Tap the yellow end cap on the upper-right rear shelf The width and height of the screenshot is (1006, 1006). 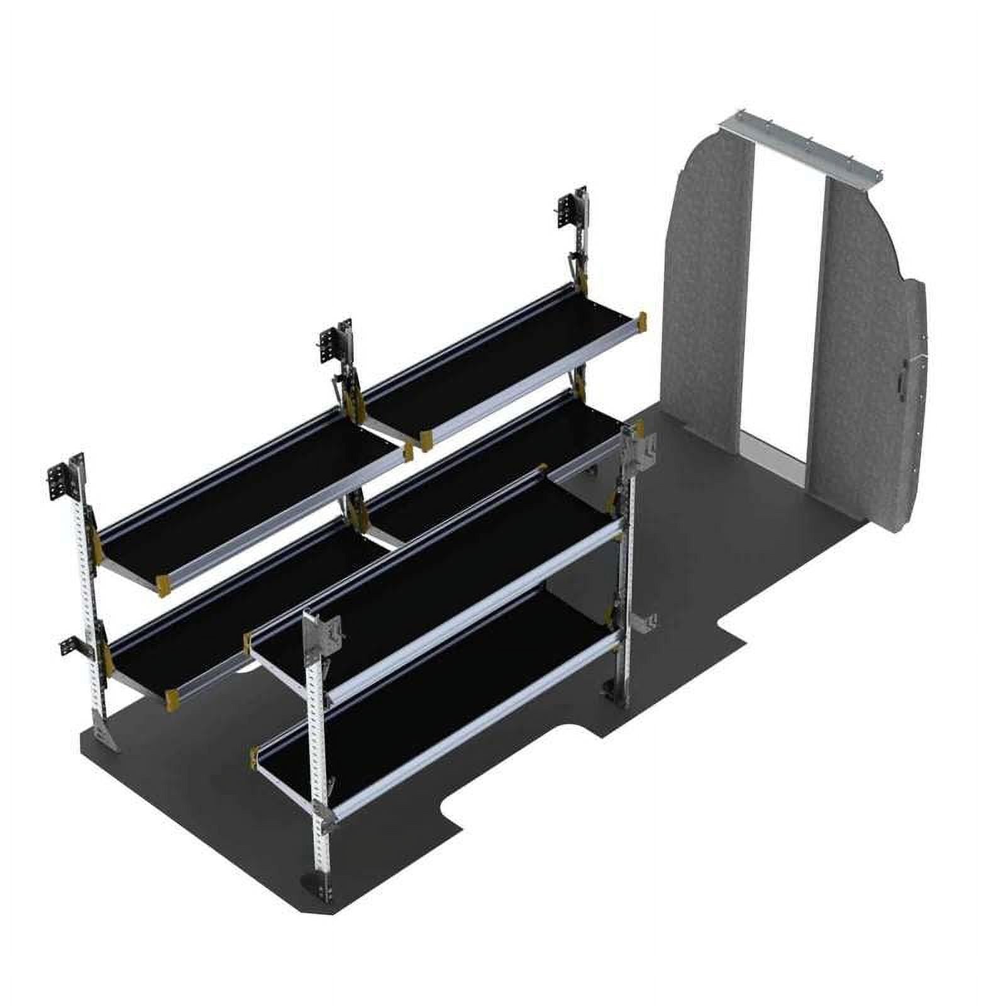click(x=641, y=320)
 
